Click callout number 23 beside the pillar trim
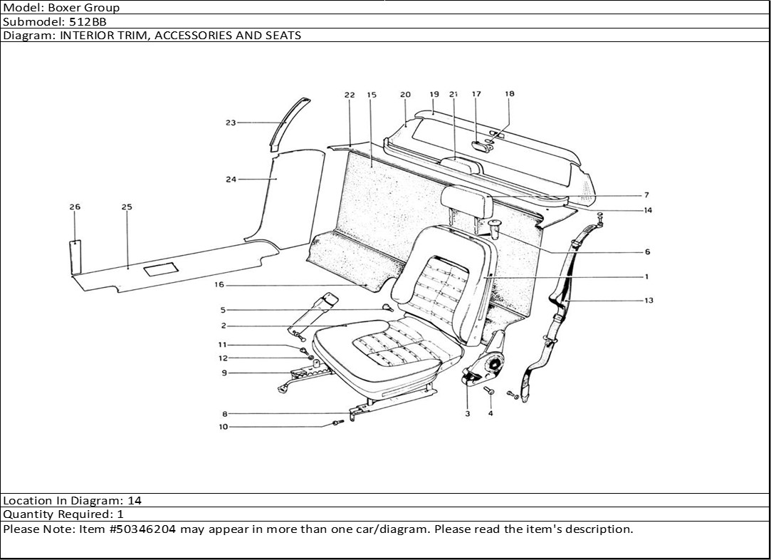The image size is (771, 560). point(230,123)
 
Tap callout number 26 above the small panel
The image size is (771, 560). point(75,207)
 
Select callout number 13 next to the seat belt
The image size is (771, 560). point(649,301)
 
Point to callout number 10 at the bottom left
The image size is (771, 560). point(224,427)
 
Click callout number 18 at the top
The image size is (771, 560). point(509,93)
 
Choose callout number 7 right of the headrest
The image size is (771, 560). point(646,195)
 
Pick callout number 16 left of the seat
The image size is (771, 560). point(219,285)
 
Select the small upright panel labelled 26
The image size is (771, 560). point(75,256)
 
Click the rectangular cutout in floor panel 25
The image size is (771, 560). point(160,270)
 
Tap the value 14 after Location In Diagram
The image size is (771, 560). point(135,501)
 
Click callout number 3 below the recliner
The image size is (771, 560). point(468,414)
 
